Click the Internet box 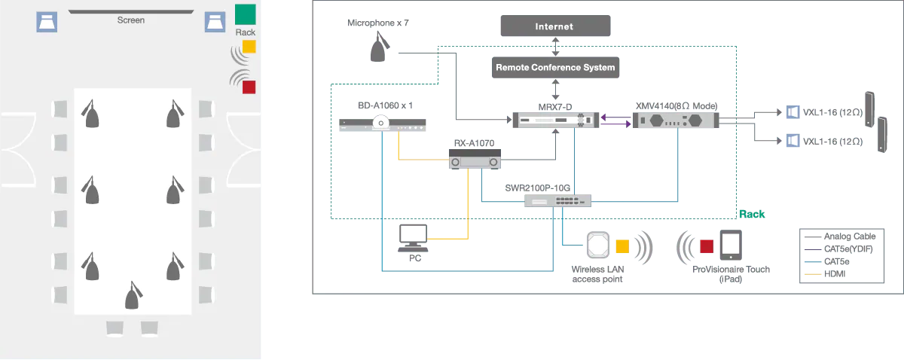[555, 26]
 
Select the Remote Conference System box [555, 68]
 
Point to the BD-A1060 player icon [383, 125]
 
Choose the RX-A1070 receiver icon [475, 159]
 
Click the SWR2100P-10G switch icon [558, 200]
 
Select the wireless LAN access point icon [598, 246]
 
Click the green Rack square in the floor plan [245, 14]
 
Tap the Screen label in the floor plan [130, 20]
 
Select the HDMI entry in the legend [835, 274]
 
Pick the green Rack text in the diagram [752, 215]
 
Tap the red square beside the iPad [706, 246]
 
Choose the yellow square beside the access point [622, 246]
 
